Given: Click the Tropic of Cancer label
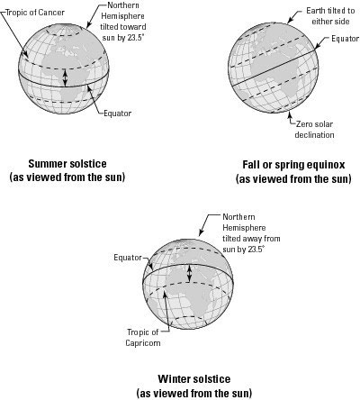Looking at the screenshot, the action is pos(35,13).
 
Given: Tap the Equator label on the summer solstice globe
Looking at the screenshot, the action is pos(118,114).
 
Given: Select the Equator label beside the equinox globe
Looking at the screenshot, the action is pos(345,39).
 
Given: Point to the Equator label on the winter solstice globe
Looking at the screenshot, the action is pos(128,258).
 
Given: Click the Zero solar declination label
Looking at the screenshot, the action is pos(314,130).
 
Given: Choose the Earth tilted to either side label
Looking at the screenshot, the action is pos(330,16).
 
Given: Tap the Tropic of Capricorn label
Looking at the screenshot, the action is pos(143,338).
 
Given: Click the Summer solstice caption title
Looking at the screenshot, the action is pos(67,164).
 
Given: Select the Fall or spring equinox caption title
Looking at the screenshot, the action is pos(293,165).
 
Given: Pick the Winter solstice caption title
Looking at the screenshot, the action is pos(194,379).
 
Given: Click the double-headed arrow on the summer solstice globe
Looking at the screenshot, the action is pos(66,77).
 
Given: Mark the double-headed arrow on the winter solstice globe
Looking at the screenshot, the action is pos(189,273).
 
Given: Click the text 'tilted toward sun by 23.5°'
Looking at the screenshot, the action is pos(123,32).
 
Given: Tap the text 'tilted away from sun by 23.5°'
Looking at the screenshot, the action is pos(251,244).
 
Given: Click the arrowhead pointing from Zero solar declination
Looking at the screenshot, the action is pos(290,114).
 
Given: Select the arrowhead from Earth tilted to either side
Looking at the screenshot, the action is pos(290,21).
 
